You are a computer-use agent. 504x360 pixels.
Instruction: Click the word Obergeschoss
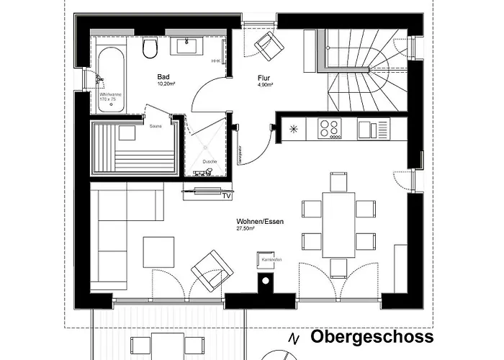(x=372, y=337)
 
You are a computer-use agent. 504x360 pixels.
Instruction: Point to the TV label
(x=226, y=195)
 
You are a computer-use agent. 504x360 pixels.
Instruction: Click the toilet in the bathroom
(x=150, y=48)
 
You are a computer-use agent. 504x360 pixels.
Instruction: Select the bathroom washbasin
(x=189, y=46)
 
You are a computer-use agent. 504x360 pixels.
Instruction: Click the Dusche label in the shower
(x=210, y=161)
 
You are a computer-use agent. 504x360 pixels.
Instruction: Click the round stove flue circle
(x=265, y=281)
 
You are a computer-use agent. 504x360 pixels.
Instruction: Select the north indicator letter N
(x=293, y=338)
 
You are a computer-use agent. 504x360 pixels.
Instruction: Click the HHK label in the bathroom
(x=215, y=61)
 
